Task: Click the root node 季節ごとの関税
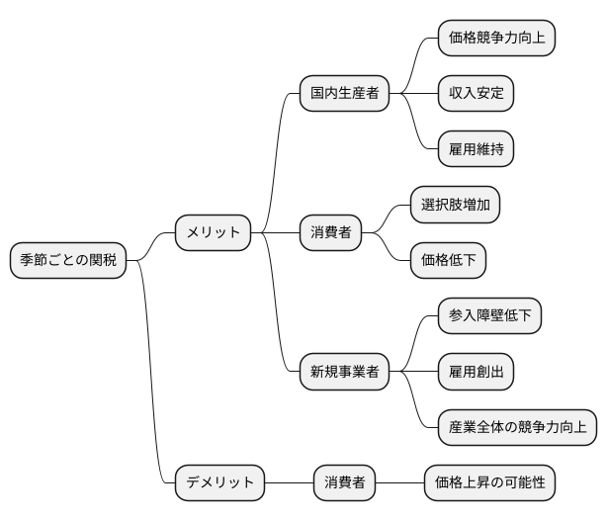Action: (68, 260)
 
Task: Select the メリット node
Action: (214, 233)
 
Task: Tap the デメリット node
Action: (219, 482)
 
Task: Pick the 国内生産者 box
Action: (344, 93)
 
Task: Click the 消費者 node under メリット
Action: (330, 233)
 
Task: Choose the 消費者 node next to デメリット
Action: (345, 482)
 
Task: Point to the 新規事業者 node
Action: (344, 372)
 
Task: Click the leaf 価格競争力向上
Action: (495, 38)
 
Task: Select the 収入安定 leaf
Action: (476, 93)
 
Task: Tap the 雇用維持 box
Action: (476, 149)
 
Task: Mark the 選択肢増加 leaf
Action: (455, 205)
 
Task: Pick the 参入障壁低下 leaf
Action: (489, 316)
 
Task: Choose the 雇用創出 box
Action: (476, 372)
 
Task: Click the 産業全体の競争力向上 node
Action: (517, 427)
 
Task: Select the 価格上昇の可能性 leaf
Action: (488, 482)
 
